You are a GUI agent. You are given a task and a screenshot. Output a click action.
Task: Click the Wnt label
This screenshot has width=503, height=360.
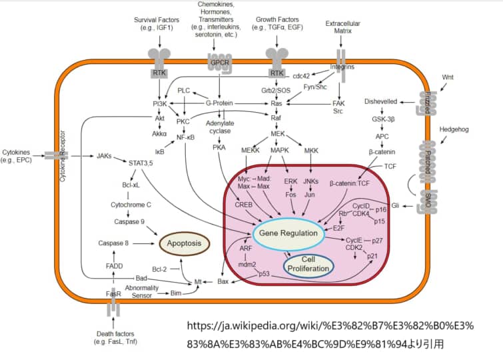pyautogui.click(x=448, y=77)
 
